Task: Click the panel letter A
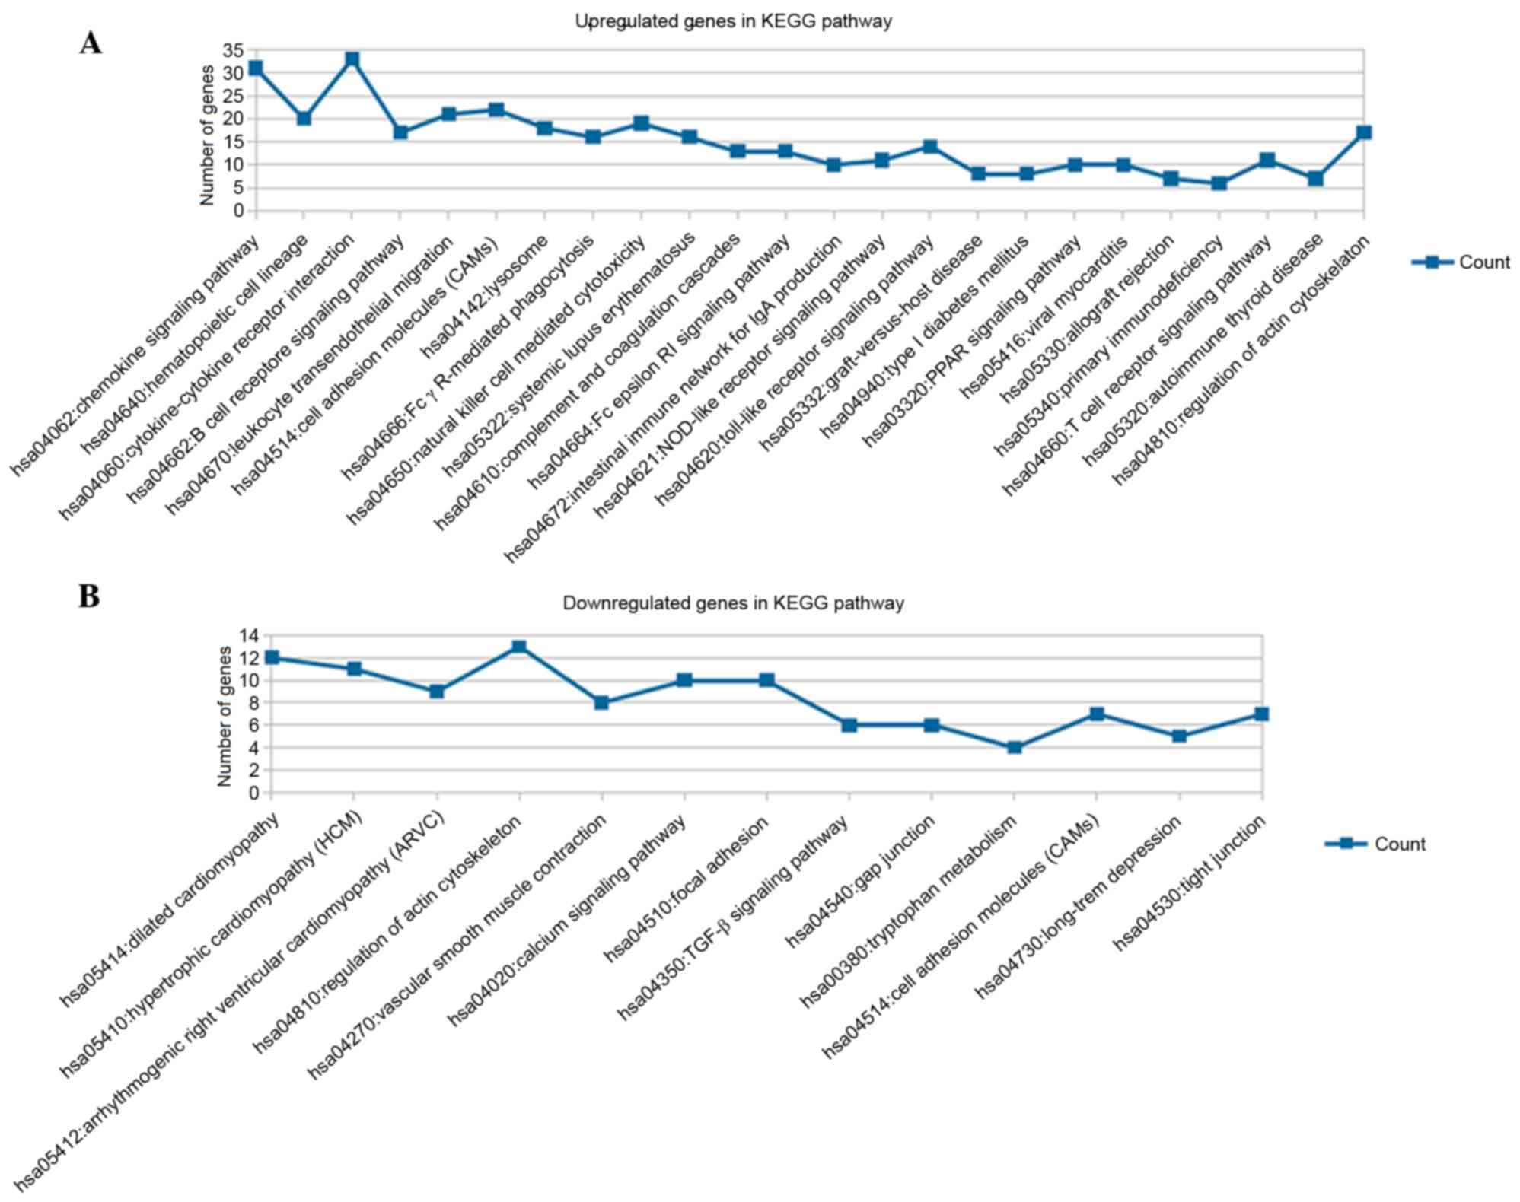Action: pyautogui.click(x=91, y=44)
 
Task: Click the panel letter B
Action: pyautogui.click(x=89, y=596)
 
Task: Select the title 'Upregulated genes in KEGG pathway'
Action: pyautogui.click(x=733, y=21)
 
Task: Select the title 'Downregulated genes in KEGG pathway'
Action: pyautogui.click(x=733, y=603)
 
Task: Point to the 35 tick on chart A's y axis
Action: pyautogui.click(x=232, y=50)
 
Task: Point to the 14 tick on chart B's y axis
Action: pyautogui.click(x=249, y=635)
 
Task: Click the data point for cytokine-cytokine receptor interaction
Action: pyautogui.click(x=352, y=59)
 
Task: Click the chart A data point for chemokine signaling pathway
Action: pyautogui.click(x=256, y=68)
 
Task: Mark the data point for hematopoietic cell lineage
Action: pyautogui.click(x=304, y=119)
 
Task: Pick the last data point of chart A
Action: pyautogui.click(x=1364, y=132)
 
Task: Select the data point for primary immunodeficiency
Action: pyautogui.click(x=1219, y=183)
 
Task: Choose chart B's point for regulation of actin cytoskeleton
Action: pyautogui.click(x=519, y=647)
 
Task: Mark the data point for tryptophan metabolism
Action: pyautogui.click(x=1014, y=748)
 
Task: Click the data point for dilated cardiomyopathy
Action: pyautogui.click(x=272, y=657)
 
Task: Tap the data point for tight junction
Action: pyautogui.click(x=1261, y=714)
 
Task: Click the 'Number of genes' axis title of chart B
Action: pyautogui.click(x=224, y=716)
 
